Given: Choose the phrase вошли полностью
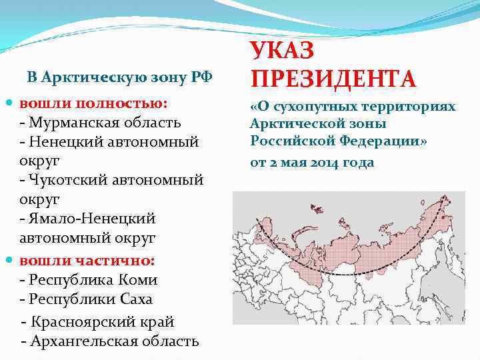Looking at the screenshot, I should (93, 103).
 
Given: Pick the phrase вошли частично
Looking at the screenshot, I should (87, 259).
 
